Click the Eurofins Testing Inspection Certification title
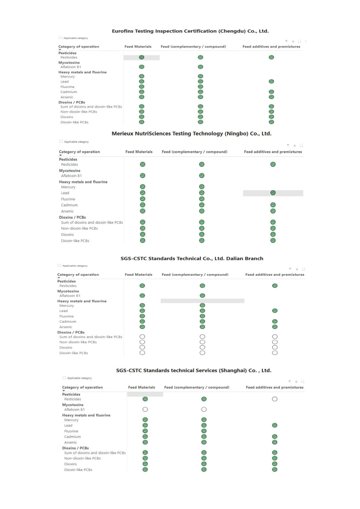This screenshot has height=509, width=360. (x=190, y=31)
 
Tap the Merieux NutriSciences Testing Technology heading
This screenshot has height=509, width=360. (x=191, y=133)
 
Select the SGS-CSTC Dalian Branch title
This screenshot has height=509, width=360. (x=192, y=258)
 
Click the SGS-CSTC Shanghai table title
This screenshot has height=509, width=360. (x=194, y=370)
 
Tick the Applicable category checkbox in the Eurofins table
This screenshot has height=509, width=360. (x=60, y=38)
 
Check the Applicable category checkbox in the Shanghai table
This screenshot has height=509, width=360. (x=64, y=378)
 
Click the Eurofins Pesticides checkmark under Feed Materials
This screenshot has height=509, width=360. (x=142, y=57)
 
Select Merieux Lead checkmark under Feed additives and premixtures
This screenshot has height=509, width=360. (x=273, y=193)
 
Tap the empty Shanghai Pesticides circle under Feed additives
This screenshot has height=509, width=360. (x=275, y=399)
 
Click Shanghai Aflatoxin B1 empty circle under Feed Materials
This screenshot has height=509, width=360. (x=145, y=409)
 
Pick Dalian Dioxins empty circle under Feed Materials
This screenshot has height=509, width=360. (x=142, y=347)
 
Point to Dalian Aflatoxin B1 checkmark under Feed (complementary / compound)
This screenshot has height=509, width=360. (x=202, y=295)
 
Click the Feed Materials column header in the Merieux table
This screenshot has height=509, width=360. (x=139, y=152)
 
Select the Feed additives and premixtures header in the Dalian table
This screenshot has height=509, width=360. (x=275, y=275)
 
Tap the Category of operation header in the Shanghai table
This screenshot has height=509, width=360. (x=82, y=387)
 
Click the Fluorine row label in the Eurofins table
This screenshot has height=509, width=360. (x=67, y=87)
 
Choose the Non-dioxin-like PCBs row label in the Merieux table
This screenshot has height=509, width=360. (x=79, y=228)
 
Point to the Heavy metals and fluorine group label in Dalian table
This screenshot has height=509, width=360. (x=82, y=301)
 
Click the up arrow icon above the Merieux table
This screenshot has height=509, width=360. (x=288, y=145)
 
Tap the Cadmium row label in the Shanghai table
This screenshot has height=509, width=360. (x=72, y=437)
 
